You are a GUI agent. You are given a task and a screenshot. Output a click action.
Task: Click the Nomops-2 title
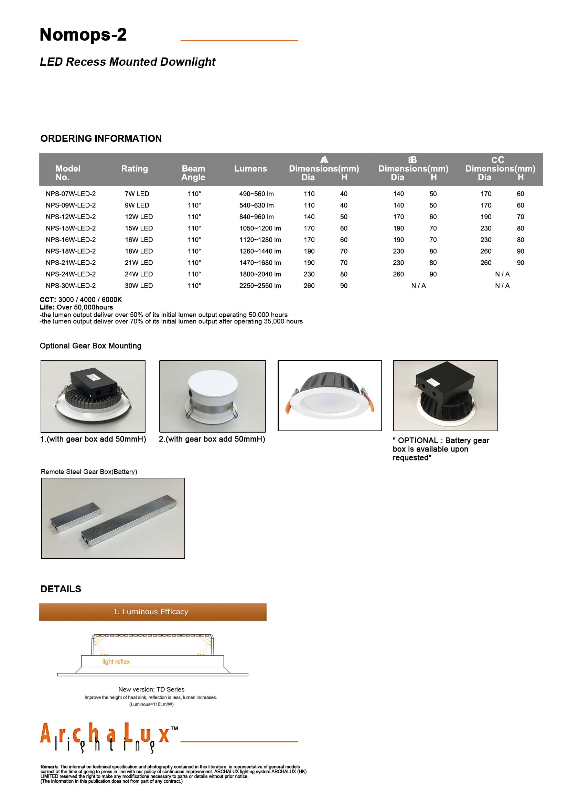pyautogui.click(x=83, y=35)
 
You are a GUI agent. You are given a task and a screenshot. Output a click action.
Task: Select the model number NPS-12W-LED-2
pyautogui.click(x=71, y=217)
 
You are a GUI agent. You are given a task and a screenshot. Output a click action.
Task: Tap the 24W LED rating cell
pyautogui.click(x=138, y=274)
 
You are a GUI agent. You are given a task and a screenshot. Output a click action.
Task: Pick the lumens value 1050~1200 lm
pyautogui.click(x=260, y=228)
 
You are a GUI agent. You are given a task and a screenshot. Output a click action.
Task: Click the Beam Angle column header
pyautogui.click(x=193, y=173)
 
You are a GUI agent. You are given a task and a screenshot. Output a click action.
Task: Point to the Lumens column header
pyautogui.click(x=250, y=169)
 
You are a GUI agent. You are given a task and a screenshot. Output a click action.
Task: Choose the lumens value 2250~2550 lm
pyautogui.click(x=260, y=286)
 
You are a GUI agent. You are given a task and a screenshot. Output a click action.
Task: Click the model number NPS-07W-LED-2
pyautogui.click(x=71, y=194)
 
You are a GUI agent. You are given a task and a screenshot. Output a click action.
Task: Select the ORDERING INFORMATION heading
pyautogui.click(x=101, y=138)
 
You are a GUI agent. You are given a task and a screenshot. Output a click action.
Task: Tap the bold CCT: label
pyautogui.click(x=48, y=299)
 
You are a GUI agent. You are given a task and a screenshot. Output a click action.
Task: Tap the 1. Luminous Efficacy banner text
pyautogui.click(x=150, y=612)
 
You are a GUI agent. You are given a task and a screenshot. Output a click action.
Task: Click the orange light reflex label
pyautogui.click(x=116, y=661)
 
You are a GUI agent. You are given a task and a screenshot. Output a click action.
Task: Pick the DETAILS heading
pyautogui.click(x=61, y=589)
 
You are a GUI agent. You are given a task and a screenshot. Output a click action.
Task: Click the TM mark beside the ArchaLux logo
pyautogui.click(x=174, y=728)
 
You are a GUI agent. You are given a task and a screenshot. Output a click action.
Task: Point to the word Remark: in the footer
pyautogui.click(x=50, y=767)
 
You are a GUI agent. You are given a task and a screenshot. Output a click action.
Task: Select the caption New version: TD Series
pyautogui.click(x=151, y=689)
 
